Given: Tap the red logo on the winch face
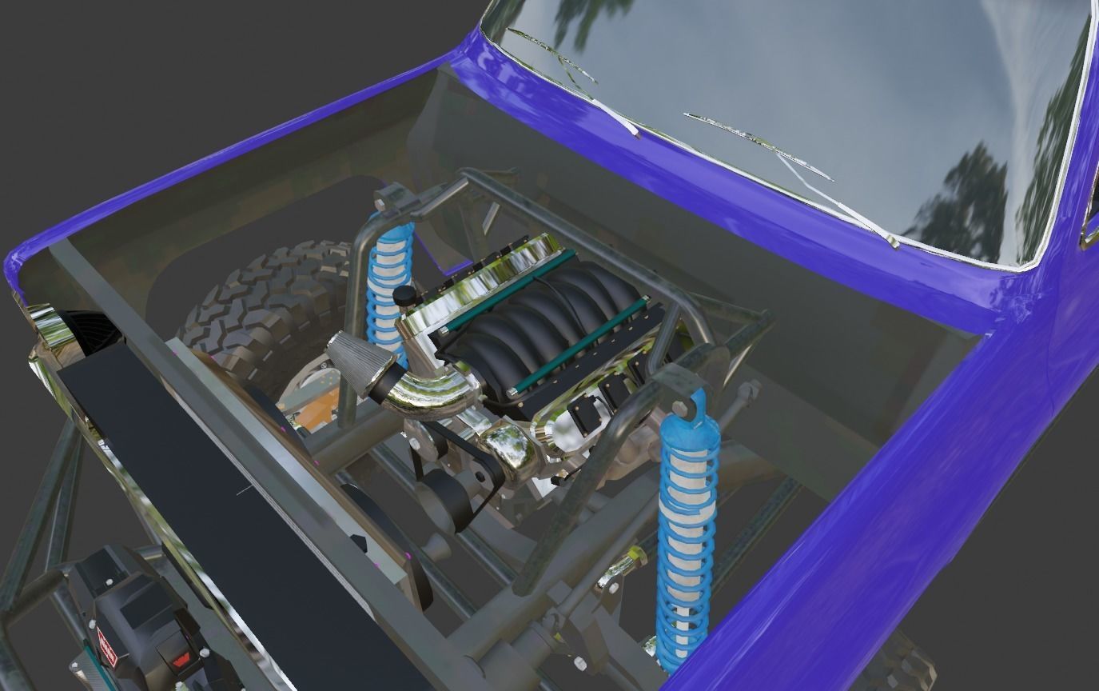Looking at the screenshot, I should click(179, 663).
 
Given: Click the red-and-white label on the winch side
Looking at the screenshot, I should click(107, 645).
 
